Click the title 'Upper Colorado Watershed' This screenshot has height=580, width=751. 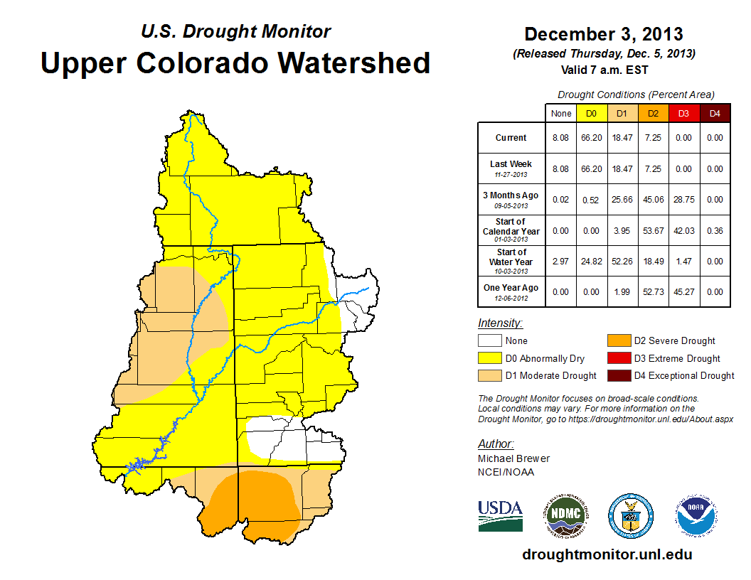point(235,63)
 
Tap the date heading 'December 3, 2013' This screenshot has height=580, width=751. point(603,34)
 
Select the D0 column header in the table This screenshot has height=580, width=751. point(592,113)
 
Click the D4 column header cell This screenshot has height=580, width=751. point(715,113)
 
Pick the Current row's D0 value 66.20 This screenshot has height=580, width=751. point(592,138)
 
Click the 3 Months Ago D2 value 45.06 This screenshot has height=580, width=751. point(654,200)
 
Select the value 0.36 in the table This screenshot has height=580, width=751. point(715,231)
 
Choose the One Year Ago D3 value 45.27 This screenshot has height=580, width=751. point(684,291)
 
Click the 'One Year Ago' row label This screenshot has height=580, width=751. point(511,289)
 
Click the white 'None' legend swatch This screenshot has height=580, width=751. point(489,341)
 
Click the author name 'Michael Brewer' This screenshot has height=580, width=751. point(513,458)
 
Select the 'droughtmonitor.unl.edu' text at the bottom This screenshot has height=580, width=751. point(607,554)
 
